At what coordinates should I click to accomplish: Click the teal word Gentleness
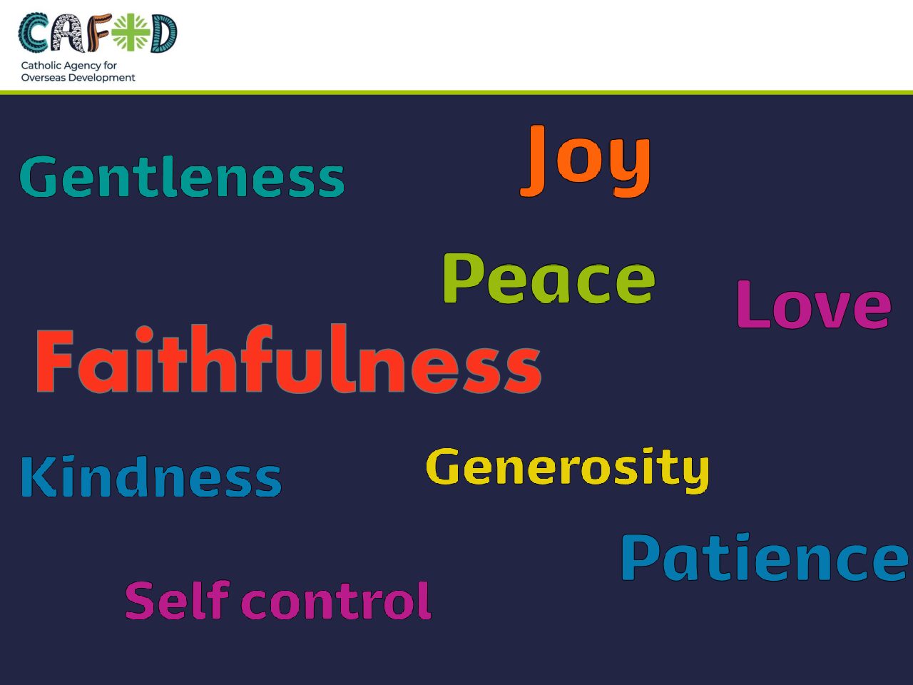coord(182,176)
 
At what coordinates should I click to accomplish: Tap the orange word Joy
coord(585,161)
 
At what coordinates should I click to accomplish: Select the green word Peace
coord(549,278)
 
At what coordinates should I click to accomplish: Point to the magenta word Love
coord(814,305)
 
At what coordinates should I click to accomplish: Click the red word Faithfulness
coord(289,358)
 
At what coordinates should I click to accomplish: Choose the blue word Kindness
coord(151,476)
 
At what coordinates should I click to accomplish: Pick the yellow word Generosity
coord(568,470)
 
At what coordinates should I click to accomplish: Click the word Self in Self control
coord(178,600)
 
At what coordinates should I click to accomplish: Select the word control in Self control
coord(336,601)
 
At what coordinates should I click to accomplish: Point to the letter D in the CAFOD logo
coord(163,34)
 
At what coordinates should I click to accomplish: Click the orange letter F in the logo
coord(99,33)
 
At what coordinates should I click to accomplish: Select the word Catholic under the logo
coord(41,66)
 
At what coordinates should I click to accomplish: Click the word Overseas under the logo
coord(44,77)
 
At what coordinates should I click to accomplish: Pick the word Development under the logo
coord(102,78)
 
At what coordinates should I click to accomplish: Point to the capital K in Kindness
coord(39,477)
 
